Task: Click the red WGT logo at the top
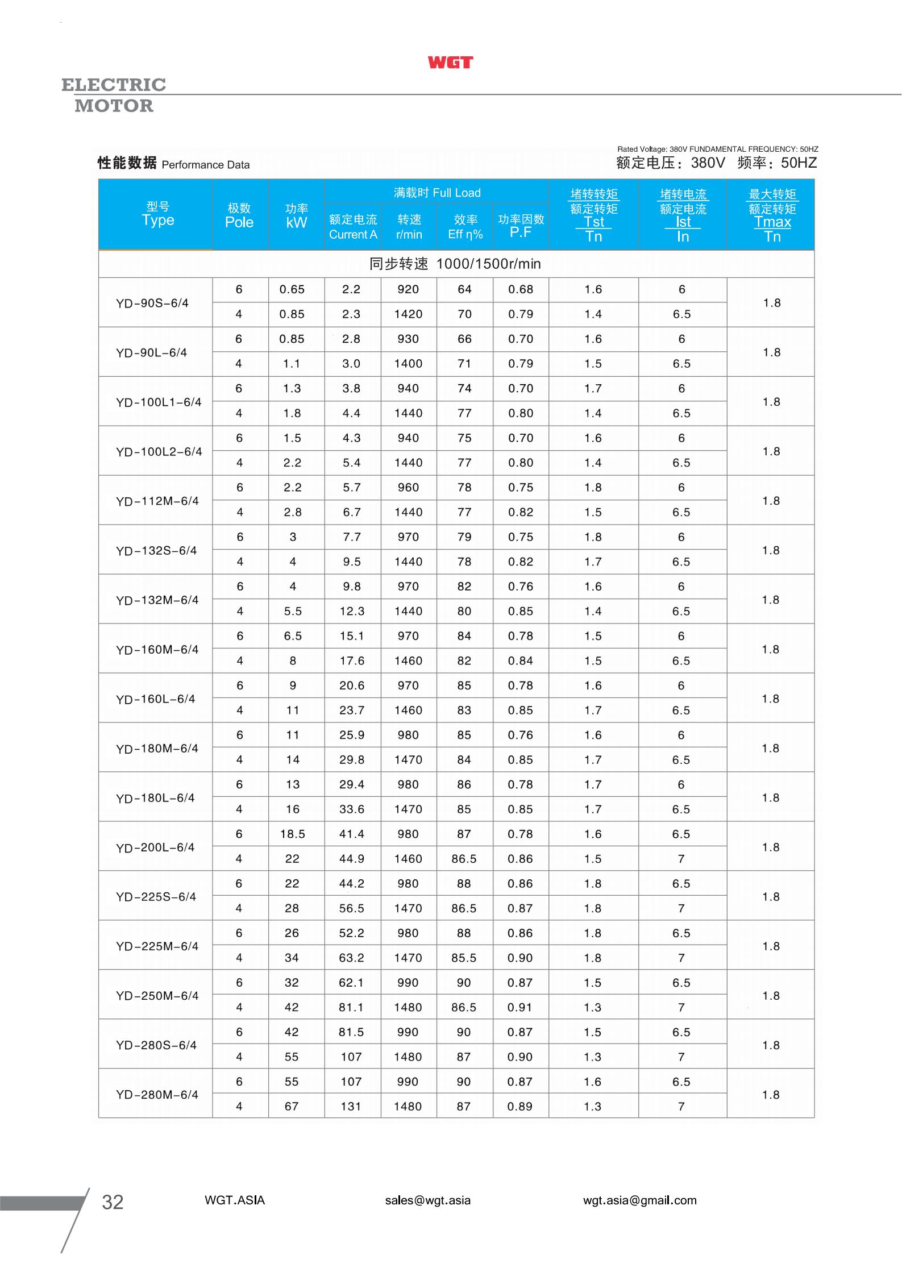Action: pyautogui.click(x=450, y=63)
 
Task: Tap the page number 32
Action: pyautogui.click(x=113, y=1202)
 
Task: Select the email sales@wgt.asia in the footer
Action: pyautogui.click(x=427, y=1200)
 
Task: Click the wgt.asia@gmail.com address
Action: pyautogui.click(x=639, y=1200)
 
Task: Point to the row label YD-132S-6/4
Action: pyautogui.click(x=156, y=550)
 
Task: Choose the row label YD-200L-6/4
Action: pyautogui.click(x=155, y=847)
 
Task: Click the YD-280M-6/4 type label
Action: pyautogui.click(x=157, y=1094)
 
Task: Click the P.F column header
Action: pyautogui.click(x=521, y=232)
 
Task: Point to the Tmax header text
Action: pyautogui.click(x=772, y=222)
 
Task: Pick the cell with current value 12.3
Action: pyautogui.click(x=352, y=611)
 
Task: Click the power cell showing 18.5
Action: pyautogui.click(x=292, y=834)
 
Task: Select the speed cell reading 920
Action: pyautogui.click(x=408, y=289)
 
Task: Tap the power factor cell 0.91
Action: pyautogui.click(x=520, y=1007)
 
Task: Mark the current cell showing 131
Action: pyautogui.click(x=351, y=1106)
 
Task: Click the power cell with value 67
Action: pyautogui.click(x=292, y=1106)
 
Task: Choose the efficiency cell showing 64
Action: pyautogui.click(x=464, y=289)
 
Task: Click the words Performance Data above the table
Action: pyautogui.click(x=206, y=165)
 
